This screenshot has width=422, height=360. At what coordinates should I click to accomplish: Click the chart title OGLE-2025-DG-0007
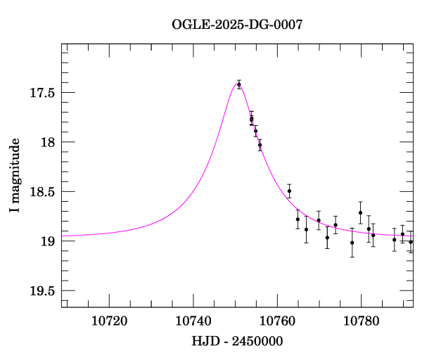(237, 25)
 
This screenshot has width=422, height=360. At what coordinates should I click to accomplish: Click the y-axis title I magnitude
(15, 176)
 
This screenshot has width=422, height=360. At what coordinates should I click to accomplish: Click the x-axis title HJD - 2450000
(237, 341)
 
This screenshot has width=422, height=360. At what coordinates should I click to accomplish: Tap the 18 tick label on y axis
(48, 142)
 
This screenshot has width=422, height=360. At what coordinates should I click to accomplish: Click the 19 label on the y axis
(48, 241)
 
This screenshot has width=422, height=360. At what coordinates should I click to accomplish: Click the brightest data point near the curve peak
(239, 84)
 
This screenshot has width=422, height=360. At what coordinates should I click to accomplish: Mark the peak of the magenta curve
(237, 84)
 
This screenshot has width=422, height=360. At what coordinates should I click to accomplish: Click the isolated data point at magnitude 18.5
(289, 191)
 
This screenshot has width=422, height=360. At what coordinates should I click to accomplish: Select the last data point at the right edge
(411, 242)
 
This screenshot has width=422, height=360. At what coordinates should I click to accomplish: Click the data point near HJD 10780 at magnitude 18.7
(360, 212)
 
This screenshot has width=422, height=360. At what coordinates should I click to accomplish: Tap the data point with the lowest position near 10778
(352, 243)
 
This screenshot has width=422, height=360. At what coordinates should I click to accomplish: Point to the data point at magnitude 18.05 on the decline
(260, 145)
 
